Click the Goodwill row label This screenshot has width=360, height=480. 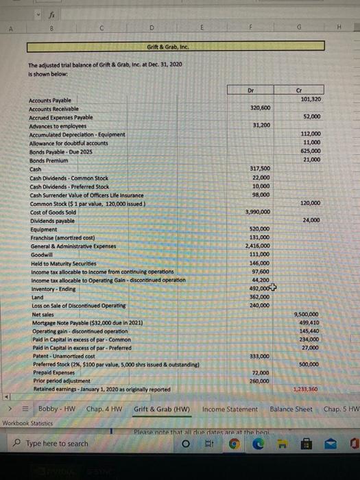point(43,254)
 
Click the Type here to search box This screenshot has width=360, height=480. point(58,444)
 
